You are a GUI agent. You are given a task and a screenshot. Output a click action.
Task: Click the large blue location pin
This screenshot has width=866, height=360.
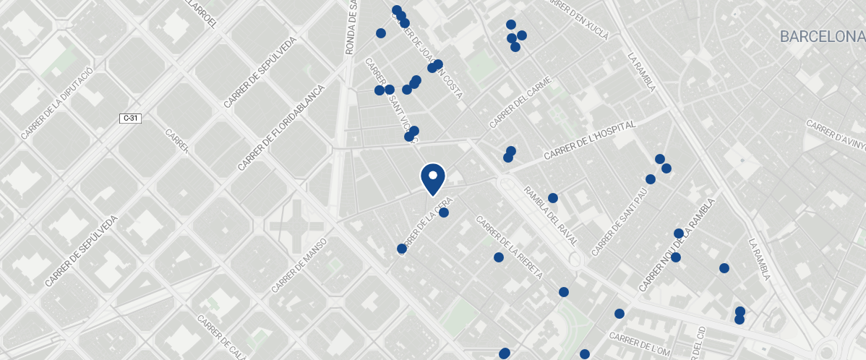432,178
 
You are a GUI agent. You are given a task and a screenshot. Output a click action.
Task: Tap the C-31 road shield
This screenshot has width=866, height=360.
130,118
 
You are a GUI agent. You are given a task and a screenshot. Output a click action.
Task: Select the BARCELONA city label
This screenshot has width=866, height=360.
822,37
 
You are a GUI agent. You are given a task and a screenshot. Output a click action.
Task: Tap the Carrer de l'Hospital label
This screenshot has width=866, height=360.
589,140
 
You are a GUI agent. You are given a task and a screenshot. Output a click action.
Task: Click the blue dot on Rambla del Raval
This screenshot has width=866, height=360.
553,198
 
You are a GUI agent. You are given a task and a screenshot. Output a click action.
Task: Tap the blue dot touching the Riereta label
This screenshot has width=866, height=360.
499,257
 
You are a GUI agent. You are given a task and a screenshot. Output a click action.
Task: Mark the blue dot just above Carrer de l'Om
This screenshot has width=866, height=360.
620,314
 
